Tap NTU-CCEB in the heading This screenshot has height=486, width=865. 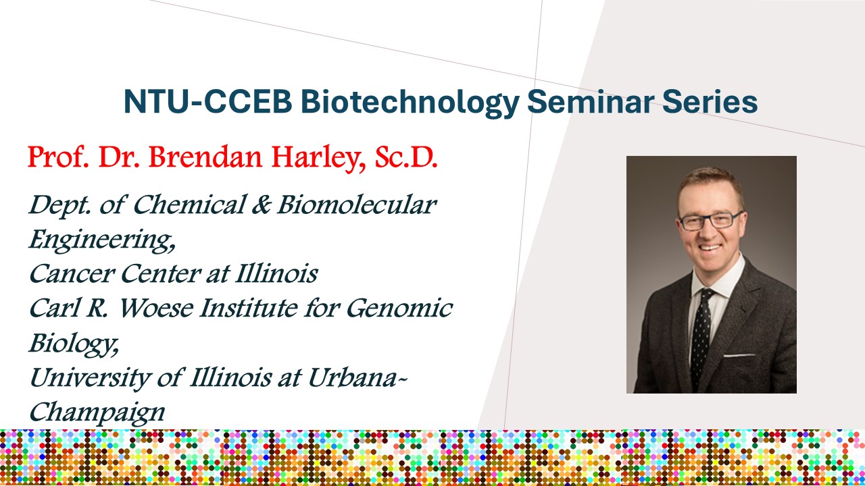click(x=207, y=102)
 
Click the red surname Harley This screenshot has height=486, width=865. click(x=318, y=159)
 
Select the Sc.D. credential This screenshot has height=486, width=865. click(x=406, y=157)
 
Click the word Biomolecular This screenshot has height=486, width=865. click(x=357, y=205)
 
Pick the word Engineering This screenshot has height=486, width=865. click(x=102, y=240)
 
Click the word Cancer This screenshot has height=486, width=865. click(x=72, y=274)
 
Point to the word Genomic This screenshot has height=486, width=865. click(x=399, y=308)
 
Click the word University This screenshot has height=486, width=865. click(x=89, y=378)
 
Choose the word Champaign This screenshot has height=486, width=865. click(x=97, y=412)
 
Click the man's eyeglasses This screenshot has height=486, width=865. click(x=710, y=221)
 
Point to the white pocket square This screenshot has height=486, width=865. click(x=739, y=355)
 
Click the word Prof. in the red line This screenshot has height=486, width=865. click(x=58, y=157)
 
